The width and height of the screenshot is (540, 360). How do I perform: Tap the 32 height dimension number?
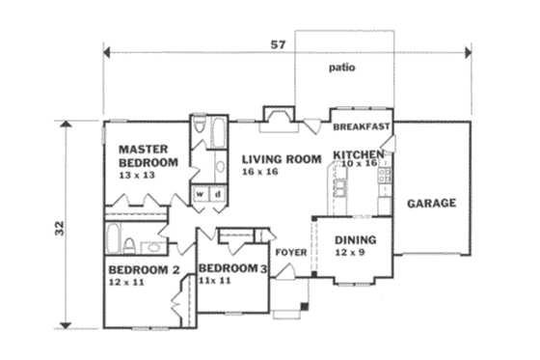(59, 228)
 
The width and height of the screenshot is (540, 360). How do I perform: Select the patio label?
(342, 69)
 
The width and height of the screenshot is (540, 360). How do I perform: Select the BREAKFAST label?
(361, 127)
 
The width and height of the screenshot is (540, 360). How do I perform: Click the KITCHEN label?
(359, 154)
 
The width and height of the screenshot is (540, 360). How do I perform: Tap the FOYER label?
(290, 253)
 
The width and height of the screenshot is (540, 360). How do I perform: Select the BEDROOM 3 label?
(232, 267)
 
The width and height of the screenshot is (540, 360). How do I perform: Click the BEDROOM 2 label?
(145, 269)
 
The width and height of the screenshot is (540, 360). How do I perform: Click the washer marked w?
(202, 193)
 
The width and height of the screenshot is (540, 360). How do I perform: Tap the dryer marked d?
(218, 193)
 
